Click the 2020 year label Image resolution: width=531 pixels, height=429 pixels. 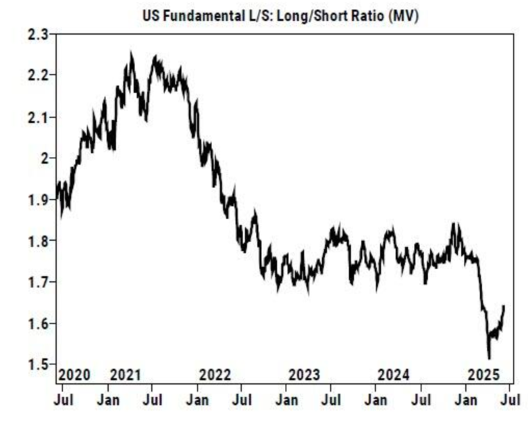pos(74,375)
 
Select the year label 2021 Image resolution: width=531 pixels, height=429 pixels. pos(125,375)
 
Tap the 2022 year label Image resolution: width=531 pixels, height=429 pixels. pos(215,375)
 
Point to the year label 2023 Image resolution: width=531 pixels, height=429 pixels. pos(304,375)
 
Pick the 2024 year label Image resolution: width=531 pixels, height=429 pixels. pos(394,375)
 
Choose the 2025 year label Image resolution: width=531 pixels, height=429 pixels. pos(483,375)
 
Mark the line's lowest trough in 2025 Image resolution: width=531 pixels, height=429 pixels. pos(489,358)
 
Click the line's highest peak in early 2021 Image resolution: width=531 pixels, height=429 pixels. pos(132,54)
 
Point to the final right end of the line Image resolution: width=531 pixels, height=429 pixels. pos(503,306)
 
